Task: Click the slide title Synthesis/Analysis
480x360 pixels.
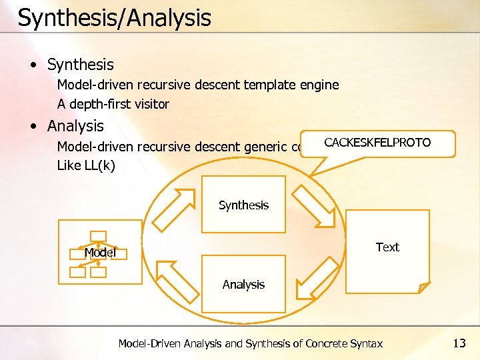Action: [x=114, y=18]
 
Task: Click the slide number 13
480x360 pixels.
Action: [x=459, y=343]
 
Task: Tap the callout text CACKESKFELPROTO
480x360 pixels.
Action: [x=377, y=143]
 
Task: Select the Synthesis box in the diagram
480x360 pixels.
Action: [x=243, y=205]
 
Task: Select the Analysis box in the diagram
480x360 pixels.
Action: [x=243, y=284]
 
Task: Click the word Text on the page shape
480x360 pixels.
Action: [x=387, y=247]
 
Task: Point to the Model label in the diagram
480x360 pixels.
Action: [x=100, y=253]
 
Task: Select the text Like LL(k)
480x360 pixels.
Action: [x=86, y=165]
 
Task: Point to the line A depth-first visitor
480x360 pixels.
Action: [x=113, y=104]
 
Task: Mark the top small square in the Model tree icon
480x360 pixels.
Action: [x=99, y=235]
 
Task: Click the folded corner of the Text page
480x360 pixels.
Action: [x=423, y=287]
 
